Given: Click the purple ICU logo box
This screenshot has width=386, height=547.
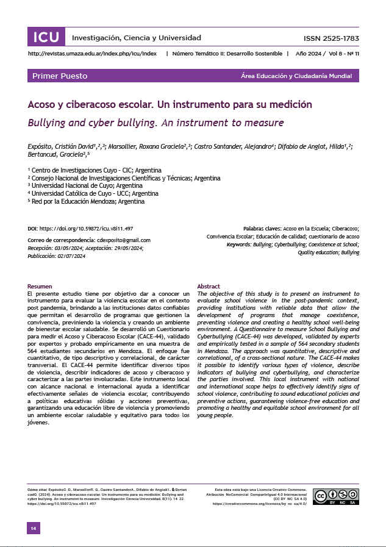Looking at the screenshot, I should (46, 37).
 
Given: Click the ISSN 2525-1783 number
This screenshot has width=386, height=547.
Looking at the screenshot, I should (331, 38).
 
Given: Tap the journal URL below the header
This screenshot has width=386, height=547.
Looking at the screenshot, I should (93, 54).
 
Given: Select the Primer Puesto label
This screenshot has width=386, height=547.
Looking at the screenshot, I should (60, 76).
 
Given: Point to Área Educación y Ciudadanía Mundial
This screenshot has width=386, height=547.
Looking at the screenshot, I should (300, 76).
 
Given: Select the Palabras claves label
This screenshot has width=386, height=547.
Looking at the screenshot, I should (263, 227).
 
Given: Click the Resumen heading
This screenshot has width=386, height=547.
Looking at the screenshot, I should (40, 286).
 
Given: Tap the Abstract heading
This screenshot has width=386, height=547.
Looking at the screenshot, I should (209, 286).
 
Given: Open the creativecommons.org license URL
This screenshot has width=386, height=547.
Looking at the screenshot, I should (259, 504).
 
